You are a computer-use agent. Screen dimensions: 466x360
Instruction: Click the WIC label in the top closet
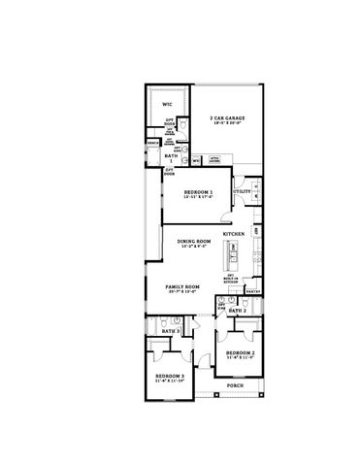(x=167, y=102)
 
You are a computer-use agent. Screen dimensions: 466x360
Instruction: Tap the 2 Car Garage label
(x=227, y=118)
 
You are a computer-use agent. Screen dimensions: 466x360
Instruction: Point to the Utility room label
(x=243, y=192)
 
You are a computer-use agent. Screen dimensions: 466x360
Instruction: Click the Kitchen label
(x=233, y=235)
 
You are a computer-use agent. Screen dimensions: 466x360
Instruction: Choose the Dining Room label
(x=194, y=241)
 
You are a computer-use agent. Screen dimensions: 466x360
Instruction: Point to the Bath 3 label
(x=171, y=331)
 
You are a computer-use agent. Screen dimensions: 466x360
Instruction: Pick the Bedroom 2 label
(x=240, y=353)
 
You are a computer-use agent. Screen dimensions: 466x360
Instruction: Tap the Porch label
(x=235, y=384)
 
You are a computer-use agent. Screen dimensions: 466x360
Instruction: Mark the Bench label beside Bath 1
(x=153, y=143)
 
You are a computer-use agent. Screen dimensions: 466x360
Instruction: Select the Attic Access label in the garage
(x=214, y=157)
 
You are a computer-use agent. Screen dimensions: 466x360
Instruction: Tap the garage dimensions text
(x=227, y=125)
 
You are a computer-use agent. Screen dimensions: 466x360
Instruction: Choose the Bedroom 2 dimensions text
(x=240, y=359)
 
